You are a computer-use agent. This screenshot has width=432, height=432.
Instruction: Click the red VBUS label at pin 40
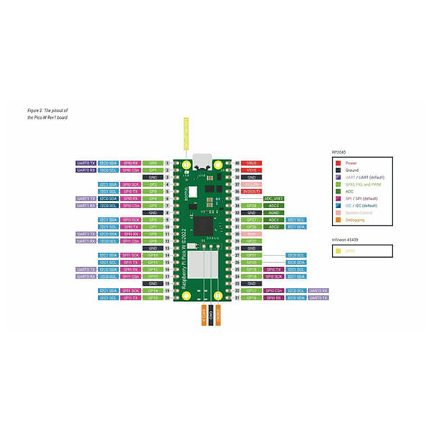[x=251, y=163]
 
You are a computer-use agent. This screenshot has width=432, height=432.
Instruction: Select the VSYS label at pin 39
[x=251, y=170]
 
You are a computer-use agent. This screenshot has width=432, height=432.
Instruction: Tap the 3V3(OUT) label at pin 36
[x=251, y=191]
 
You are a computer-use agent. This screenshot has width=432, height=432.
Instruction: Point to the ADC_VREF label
[x=274, y=198]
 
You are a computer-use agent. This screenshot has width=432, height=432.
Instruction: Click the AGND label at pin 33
[x=274, y=212]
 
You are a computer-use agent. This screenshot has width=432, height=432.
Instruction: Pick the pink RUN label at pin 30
[x=251, y=233]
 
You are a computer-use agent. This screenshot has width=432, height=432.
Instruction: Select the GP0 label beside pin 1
[x=152, y=163]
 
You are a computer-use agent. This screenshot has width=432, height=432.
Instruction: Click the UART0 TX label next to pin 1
[x=86, y=163]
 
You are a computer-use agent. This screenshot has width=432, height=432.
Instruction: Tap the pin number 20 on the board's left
[x=167, y=297]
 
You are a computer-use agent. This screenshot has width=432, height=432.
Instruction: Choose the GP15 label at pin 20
[x=152, y=297]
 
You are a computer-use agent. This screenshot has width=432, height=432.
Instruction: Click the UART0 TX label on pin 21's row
[x=318, y=297]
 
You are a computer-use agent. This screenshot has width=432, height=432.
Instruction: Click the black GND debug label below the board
[x=210, y=315]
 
